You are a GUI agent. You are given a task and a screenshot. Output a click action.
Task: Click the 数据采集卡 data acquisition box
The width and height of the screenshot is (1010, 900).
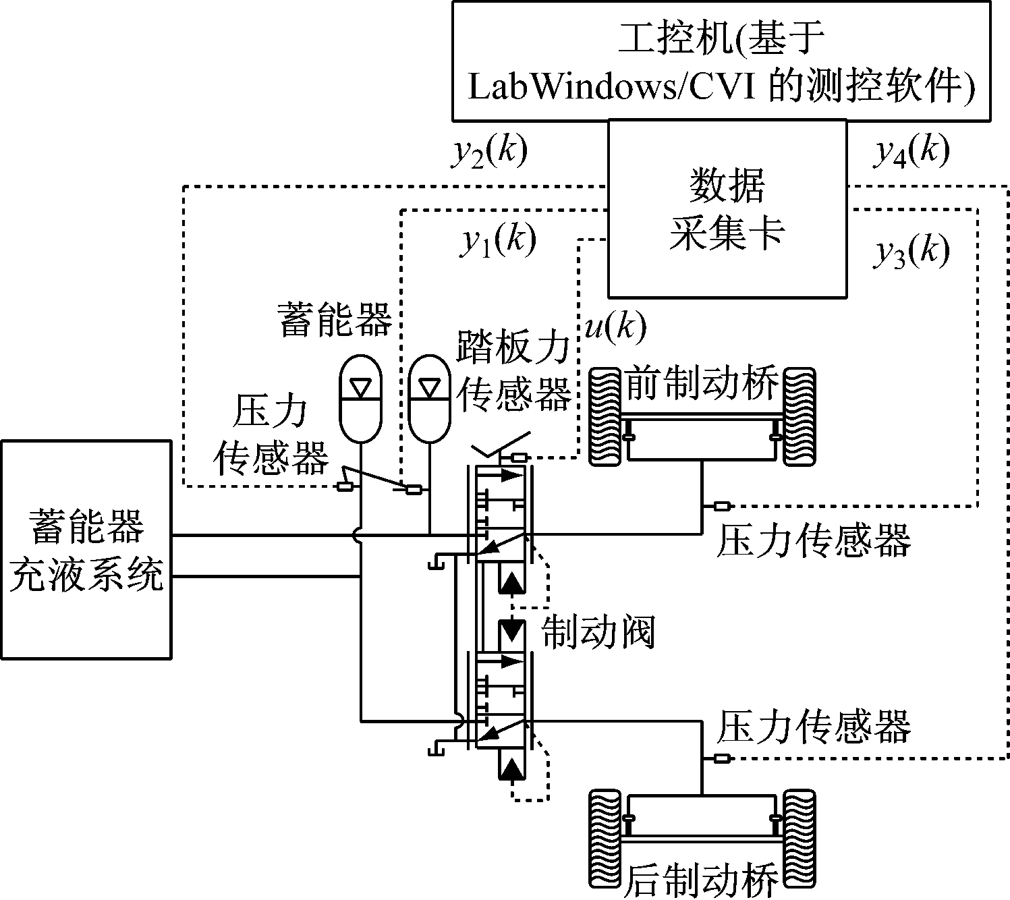click(727, 209)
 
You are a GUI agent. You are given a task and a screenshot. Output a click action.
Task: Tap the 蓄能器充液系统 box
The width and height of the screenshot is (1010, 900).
click(86, 549)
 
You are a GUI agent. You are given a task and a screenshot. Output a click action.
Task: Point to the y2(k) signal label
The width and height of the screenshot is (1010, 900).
click(488, 153)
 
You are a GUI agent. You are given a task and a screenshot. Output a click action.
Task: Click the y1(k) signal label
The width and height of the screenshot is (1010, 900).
click(498, 242)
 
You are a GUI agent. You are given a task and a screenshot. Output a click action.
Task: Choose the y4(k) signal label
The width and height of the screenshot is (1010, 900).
click(912, 153)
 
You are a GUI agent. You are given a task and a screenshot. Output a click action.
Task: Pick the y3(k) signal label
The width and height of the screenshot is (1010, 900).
click(912, 253)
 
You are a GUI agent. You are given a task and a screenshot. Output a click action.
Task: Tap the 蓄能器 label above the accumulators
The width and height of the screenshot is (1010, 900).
click(335, 319)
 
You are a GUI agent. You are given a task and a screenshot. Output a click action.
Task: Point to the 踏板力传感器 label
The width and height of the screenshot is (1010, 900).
click(514, 370)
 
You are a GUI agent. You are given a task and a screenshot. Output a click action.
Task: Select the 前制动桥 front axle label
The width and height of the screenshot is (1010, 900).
click(702, 383)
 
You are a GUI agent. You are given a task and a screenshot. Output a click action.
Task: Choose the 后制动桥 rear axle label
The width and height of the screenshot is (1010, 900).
click(702, 879)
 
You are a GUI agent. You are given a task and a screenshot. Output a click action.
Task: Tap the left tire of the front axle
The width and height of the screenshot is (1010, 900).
click(605, 416)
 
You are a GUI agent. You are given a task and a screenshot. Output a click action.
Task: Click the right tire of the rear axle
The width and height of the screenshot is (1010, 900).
click(799, 837)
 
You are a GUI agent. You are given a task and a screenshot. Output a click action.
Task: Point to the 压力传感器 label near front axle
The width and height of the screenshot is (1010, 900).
click(813, 540)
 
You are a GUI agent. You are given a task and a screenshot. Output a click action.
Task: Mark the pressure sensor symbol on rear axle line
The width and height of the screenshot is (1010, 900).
click(722, 758)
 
